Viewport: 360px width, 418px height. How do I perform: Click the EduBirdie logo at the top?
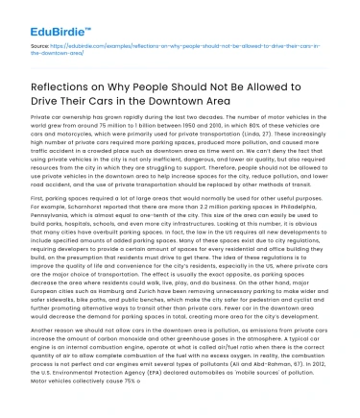38,14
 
